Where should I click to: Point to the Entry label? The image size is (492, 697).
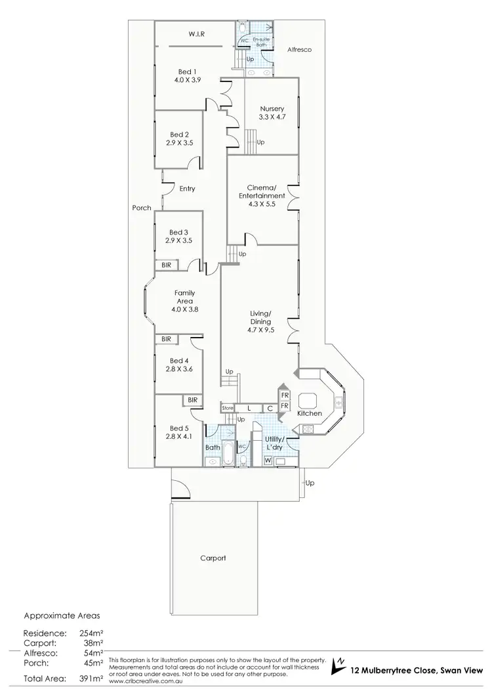click(187, 189)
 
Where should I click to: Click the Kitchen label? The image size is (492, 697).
click(310, 414)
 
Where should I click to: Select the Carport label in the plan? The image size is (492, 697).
click(213, 558)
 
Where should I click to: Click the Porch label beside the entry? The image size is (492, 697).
click(142, 208)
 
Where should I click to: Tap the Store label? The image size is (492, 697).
click(227, 408)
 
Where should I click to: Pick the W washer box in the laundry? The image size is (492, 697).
click(268, 461)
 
